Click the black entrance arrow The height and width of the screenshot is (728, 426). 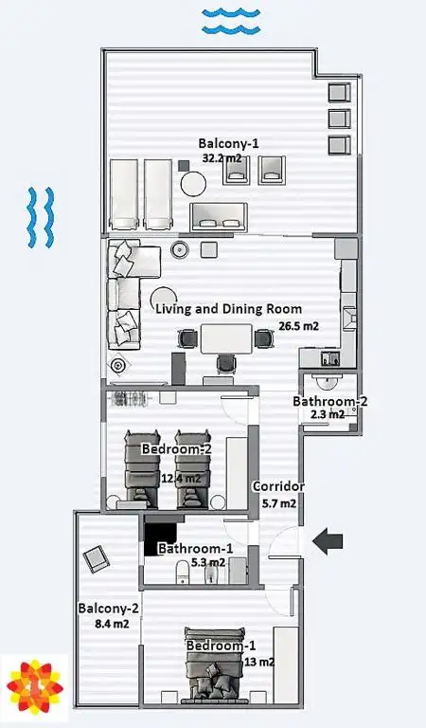328,541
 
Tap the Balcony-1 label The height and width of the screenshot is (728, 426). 228,143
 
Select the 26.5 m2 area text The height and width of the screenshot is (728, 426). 298,326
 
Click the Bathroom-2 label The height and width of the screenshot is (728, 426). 330,401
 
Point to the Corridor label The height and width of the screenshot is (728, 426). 278,486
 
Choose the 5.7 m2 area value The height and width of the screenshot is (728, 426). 279,503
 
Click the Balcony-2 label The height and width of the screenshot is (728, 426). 109,609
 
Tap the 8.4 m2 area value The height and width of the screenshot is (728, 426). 112,624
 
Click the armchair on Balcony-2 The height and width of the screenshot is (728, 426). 97,559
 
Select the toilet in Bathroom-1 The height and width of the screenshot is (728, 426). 182,571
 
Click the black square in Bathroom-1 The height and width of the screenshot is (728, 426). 160,538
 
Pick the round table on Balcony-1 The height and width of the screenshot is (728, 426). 193,184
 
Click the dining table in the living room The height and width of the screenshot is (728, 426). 226,339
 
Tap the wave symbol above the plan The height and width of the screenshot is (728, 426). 231,22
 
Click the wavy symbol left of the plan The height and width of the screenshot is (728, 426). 41,217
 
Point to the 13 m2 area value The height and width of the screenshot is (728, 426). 259,662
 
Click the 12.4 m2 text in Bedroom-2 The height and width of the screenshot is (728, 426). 182,478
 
